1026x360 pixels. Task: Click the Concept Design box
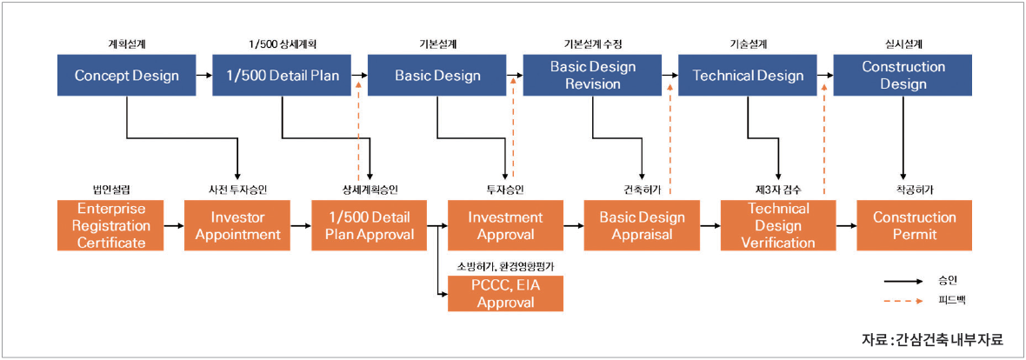126,76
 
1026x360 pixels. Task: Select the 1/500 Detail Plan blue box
282,76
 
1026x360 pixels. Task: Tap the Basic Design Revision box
593,76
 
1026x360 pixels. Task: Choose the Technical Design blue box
748,76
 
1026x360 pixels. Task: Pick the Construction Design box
903,76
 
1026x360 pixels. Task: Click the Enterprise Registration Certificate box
110,226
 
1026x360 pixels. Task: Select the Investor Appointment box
237,226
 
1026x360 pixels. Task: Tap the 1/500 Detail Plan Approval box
370,226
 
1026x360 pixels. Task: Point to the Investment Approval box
505,226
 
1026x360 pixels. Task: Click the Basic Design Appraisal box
642,226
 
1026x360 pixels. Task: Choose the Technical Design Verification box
778,226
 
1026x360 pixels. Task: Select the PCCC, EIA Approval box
505,293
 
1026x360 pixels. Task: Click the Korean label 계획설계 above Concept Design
126,44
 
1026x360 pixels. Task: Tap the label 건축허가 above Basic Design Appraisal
642,190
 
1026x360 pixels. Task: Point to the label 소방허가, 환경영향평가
505,266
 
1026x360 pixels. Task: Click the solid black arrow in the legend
904,281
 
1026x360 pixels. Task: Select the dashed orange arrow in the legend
904,301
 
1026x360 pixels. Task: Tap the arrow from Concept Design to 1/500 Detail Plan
204,76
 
